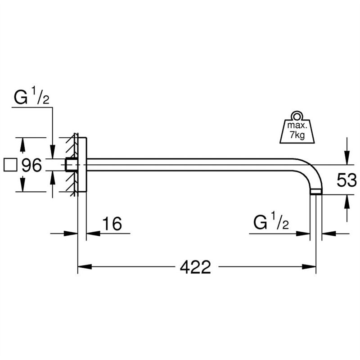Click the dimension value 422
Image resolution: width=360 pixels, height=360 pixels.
(x=195, y=267)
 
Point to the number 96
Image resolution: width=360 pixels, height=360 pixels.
(x=32, y=166)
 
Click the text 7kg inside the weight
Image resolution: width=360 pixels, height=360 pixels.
(x=297, y=135)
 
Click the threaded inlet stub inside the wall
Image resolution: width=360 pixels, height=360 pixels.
(x=70, y=165)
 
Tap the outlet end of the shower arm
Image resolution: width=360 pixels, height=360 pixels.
(x=316, y=192)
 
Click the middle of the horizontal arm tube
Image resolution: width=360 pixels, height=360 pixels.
(x=193, y=165)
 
